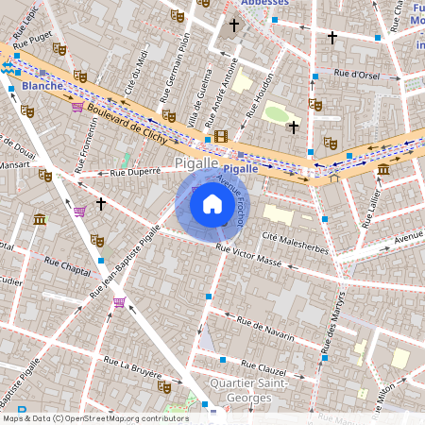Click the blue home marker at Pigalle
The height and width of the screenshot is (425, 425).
tap(212, 204)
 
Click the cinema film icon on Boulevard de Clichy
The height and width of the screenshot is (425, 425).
tap(221, 137)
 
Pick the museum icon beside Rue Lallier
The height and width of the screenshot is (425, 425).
tap(383, 169)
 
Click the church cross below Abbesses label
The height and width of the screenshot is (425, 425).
tap(234, 25)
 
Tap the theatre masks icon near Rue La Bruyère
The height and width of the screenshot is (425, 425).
tap(164, 386)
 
